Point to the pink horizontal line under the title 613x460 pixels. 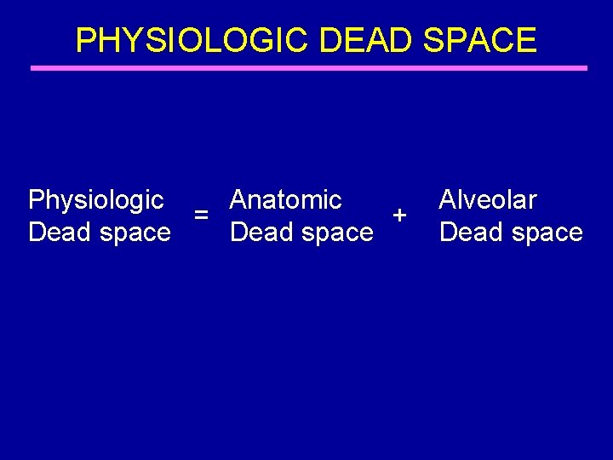tap(309, 68)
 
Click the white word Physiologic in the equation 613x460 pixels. tap(96, 200)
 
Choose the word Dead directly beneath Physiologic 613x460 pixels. tap(57, 232)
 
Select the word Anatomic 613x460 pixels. tap(286, 200)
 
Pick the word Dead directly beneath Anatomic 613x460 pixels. tap(259, 232)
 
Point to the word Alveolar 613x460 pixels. tap(488, 200)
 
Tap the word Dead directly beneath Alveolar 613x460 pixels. tap(467, 232)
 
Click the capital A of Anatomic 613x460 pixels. tap(238, 200)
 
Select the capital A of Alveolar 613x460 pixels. tap(448, 200)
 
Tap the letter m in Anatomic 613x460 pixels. tap(310, 202)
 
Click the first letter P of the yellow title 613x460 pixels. tap(85, 40)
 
